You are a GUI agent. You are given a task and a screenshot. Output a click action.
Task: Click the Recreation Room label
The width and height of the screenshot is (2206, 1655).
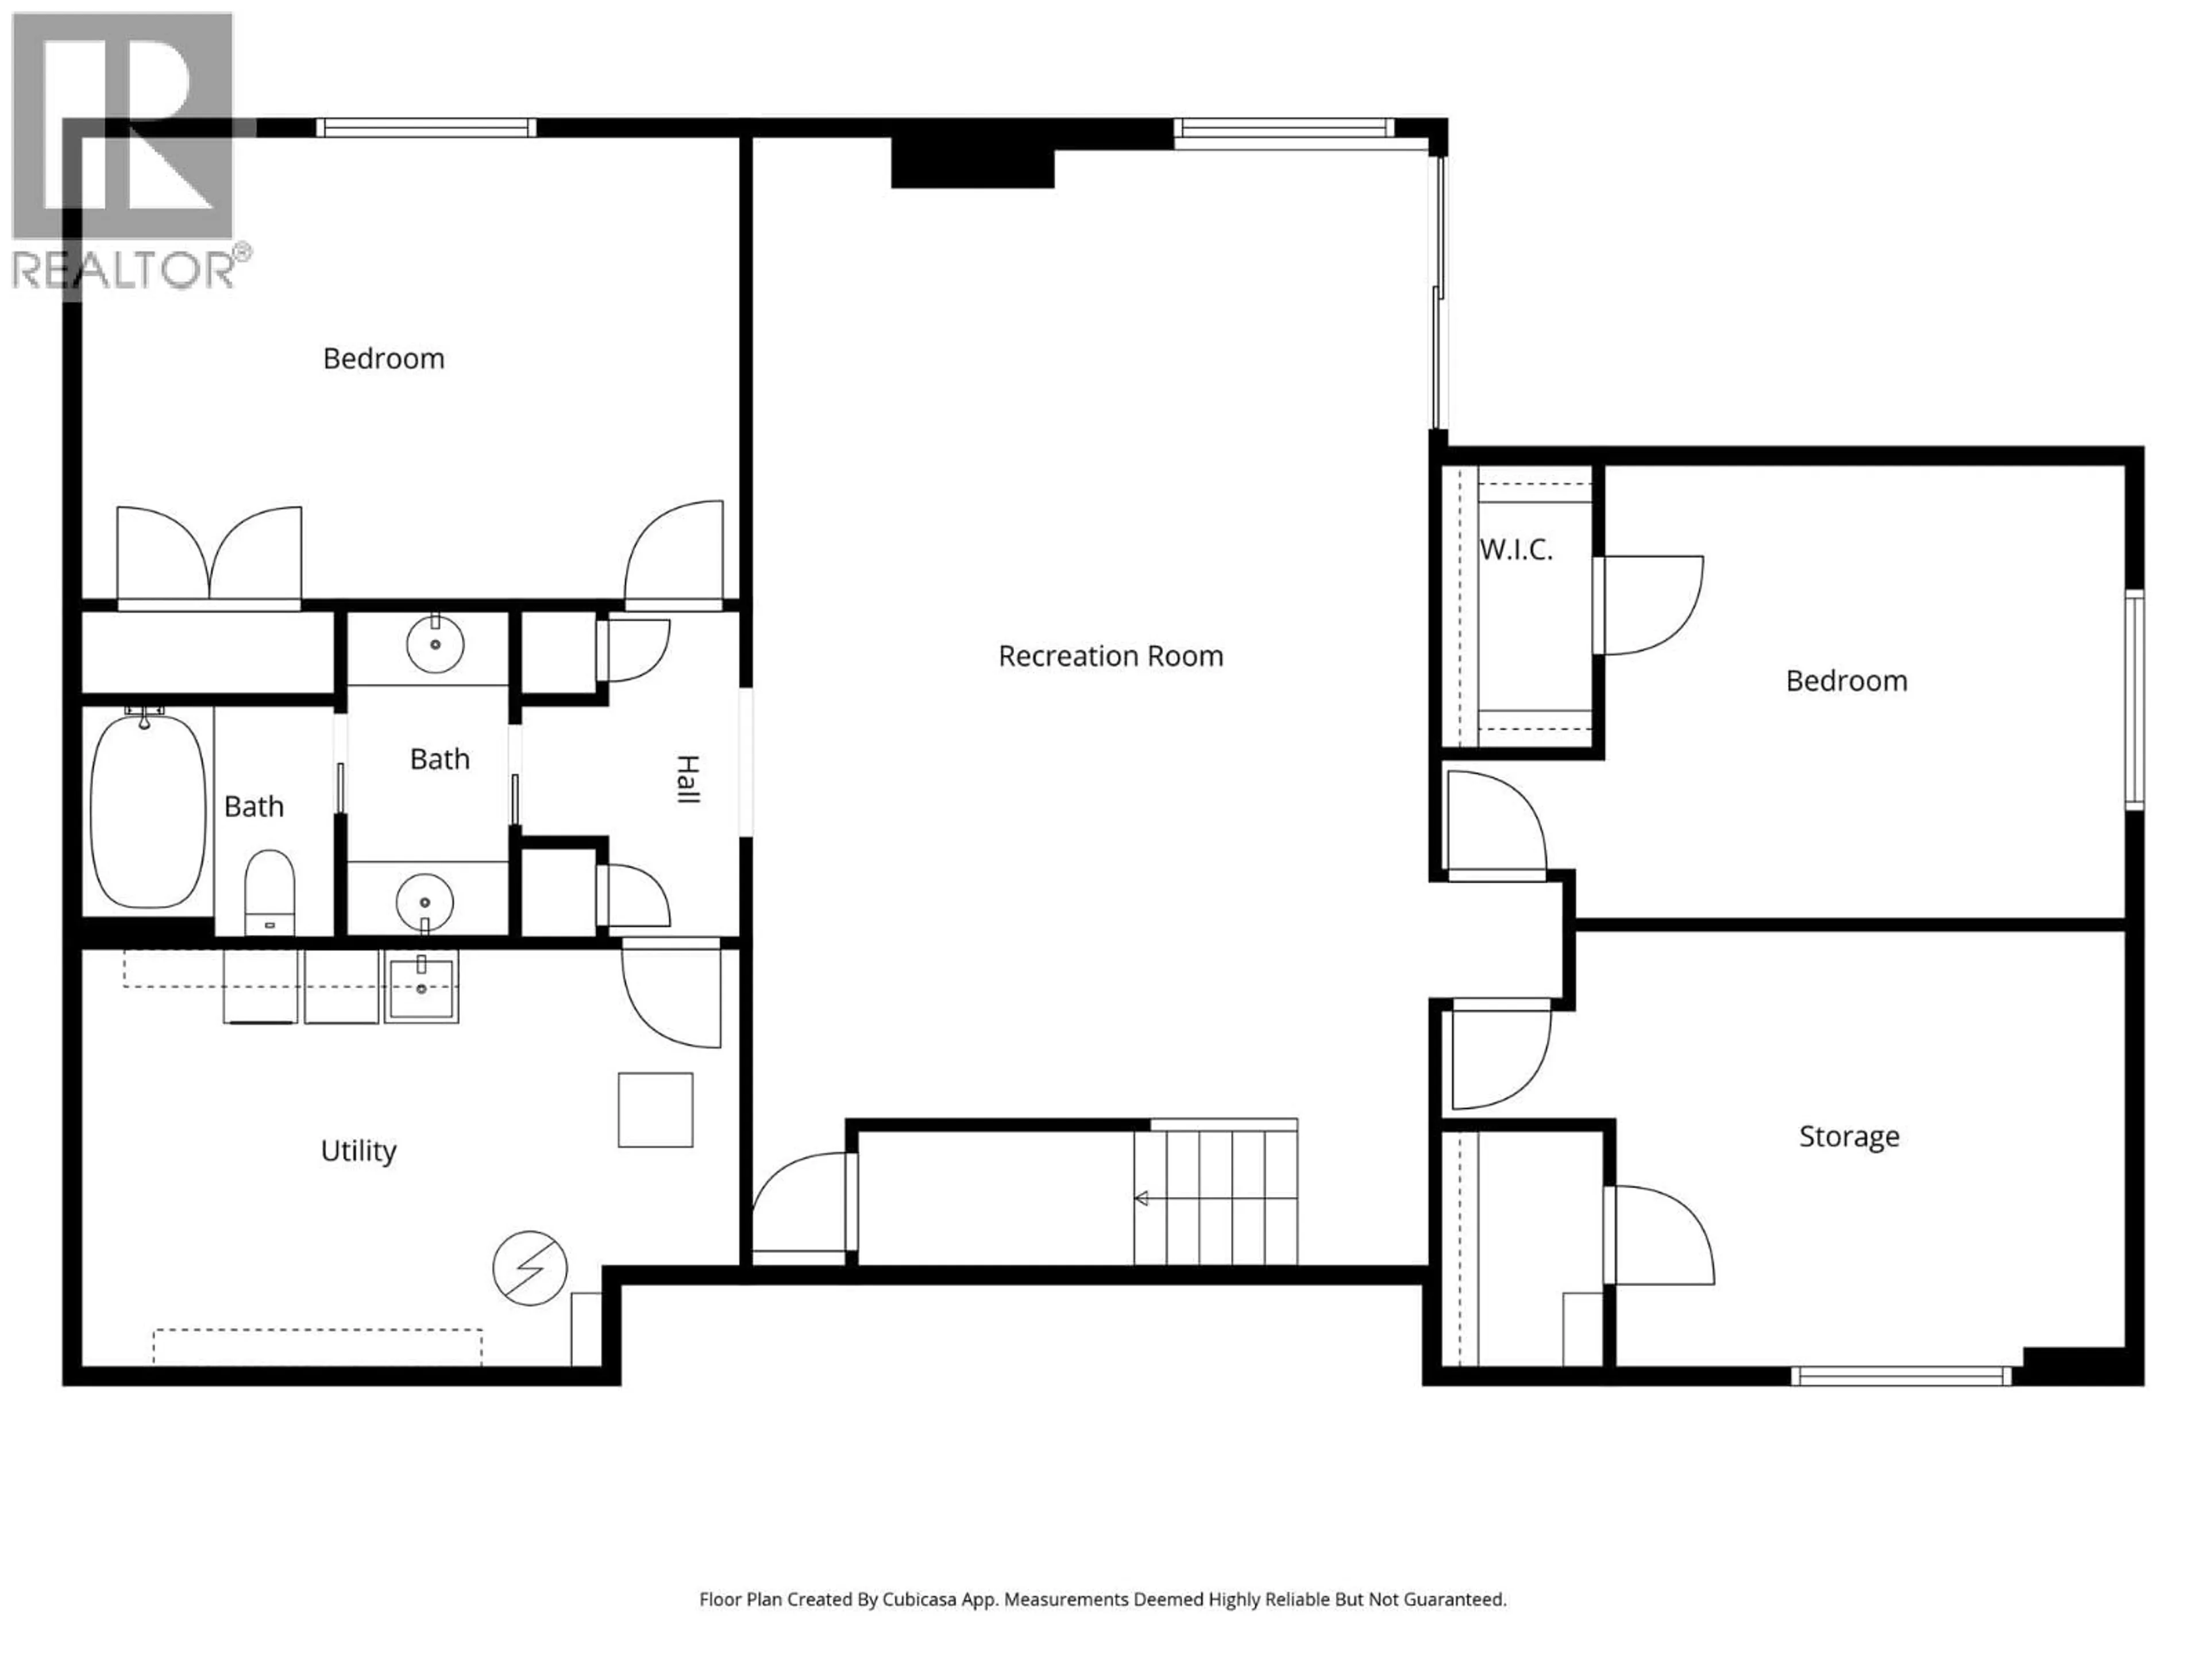tap(1110, 656)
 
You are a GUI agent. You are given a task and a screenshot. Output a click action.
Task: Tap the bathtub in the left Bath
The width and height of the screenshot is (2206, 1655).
tap(148, 810)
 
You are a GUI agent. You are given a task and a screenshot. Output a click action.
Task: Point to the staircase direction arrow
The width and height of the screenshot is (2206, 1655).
tap(1142, 1198)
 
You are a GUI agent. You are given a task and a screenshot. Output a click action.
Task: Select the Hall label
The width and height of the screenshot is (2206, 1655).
tap(687, 779)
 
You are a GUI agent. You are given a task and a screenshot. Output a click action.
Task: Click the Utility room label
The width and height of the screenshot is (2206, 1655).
tap(358, 1150)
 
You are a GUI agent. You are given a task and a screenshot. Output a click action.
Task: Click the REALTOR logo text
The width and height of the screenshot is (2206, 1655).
tap(125, 270)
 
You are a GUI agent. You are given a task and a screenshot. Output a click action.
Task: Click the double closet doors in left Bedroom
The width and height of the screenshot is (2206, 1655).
tap(210, 559)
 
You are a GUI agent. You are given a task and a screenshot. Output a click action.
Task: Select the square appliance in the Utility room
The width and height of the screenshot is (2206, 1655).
tap(655, 1109)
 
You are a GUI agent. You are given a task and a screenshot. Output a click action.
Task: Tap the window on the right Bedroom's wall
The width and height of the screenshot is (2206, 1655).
tap(2133, 698)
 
